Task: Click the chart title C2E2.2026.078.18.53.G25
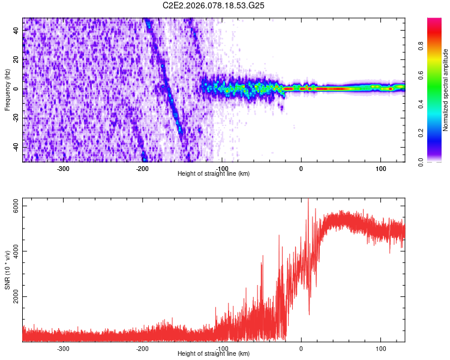[x=214, y=5]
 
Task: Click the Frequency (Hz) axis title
[x=7, y=89]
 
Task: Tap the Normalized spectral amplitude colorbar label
[x=446, y=90]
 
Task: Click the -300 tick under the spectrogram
[x=64, y=168]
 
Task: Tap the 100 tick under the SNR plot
[x=380, y=348]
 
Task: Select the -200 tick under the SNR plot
[x=143, y=348]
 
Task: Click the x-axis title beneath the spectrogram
[x=214, y=173]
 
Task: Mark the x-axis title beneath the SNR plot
[x=214, y=353]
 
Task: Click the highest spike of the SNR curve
[x=308, y=200]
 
